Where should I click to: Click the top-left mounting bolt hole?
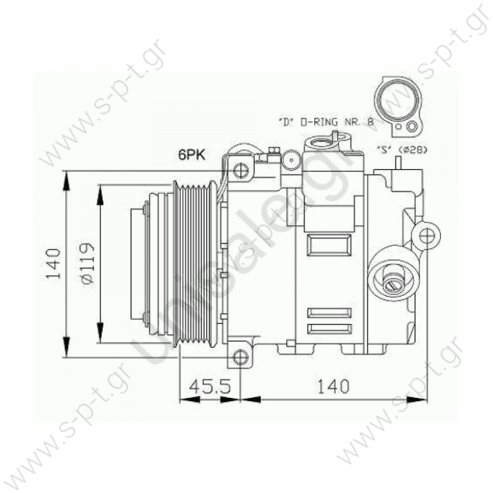point(239,168)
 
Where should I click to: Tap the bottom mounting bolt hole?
point(239,357)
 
